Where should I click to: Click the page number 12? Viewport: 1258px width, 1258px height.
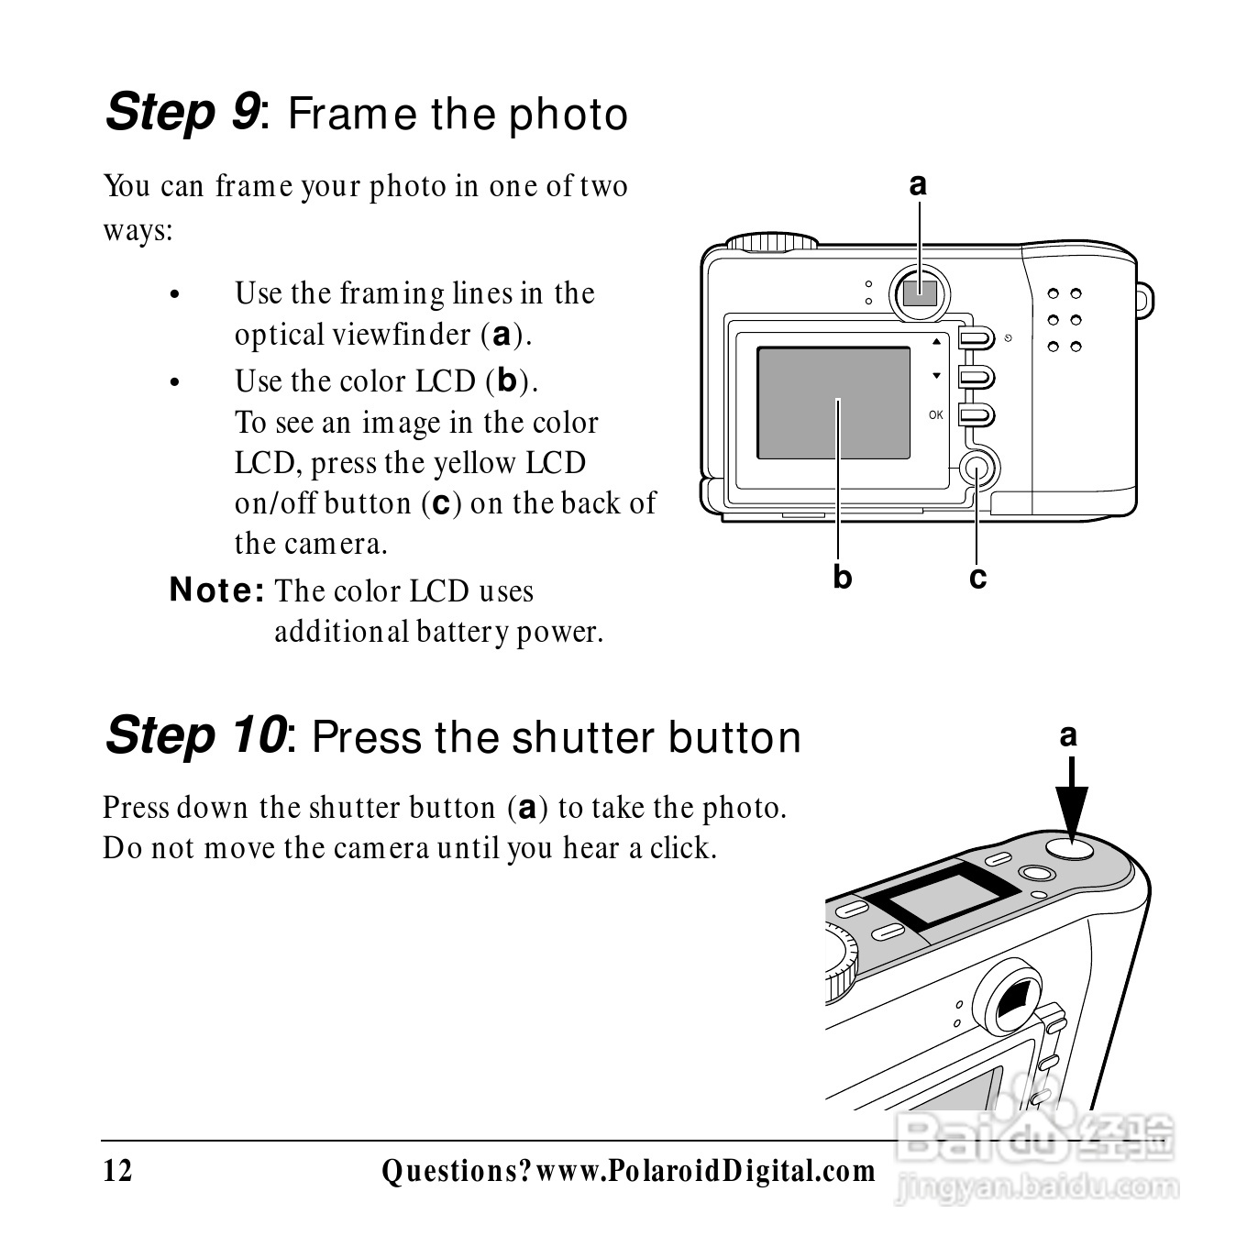[x=117, y=1171]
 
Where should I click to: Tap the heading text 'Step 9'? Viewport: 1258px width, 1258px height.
[x=182, y=112]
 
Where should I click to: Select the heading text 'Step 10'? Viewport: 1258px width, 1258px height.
[x=196, y=735]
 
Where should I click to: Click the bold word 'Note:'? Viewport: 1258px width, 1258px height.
[x=216, y=590]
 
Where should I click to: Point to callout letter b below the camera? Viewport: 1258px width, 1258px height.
[x=842, y=577]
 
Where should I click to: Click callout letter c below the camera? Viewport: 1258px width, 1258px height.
[x=977, y=579]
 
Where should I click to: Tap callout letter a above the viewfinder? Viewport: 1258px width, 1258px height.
[x=918, y=184]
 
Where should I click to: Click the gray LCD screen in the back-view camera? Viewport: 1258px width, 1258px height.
[x=833, y=403]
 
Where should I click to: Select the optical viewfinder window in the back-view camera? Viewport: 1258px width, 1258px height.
[x=920, y=293]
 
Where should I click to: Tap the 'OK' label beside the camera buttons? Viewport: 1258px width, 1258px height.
[x=935, y=414]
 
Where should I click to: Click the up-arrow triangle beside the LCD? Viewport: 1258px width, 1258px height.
[x=936, y=341]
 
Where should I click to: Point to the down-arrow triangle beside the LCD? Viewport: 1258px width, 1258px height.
[x=936, y=375]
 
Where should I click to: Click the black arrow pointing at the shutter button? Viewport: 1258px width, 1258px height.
[x=1071, y=799]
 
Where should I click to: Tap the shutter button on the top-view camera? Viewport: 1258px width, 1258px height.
[x=1070, y=847]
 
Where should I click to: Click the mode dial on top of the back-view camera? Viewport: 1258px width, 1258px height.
[x=772, y=241]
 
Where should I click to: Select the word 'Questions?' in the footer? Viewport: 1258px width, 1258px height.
[x=457, y=1171]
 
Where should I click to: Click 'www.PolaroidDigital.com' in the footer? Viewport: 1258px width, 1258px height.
[x=706, y=1171]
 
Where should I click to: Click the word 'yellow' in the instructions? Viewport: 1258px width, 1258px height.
[x=475, y=464]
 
